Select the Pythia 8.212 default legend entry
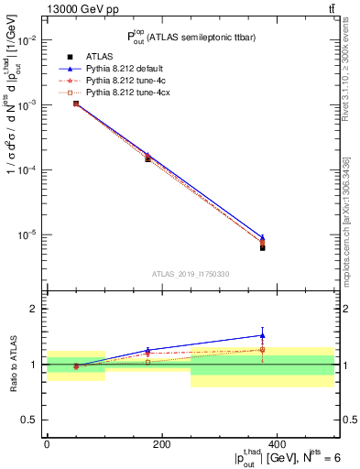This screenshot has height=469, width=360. tap(120, 69)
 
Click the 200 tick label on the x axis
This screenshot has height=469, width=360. tap(161, 444)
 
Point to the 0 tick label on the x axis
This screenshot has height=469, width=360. tap(47, 444)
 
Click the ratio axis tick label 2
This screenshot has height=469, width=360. tap(34, 310)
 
